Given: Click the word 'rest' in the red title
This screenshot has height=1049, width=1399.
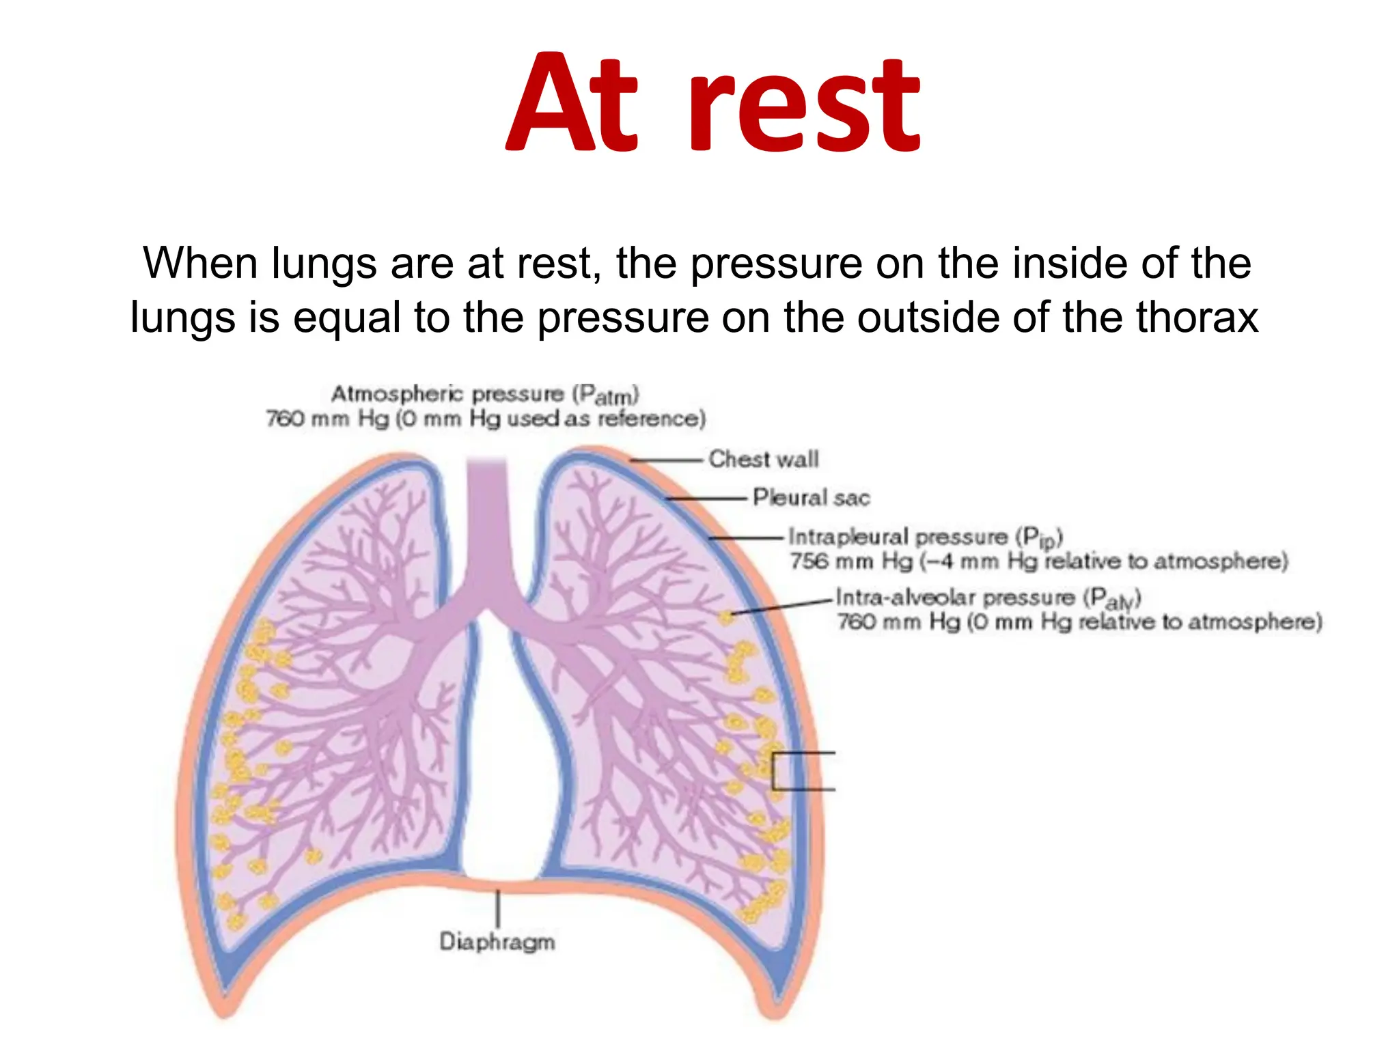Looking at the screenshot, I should click(806, 106).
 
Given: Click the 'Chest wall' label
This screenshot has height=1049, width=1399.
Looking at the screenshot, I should click(763, 459).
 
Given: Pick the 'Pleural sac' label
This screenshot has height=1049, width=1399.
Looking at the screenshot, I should click(811, 497).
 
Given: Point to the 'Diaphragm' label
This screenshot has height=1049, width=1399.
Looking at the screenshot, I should click(497, 942).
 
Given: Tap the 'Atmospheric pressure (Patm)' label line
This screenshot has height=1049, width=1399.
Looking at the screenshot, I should click(485, 394).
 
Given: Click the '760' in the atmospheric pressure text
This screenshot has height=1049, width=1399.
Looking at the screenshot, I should click(285, 419).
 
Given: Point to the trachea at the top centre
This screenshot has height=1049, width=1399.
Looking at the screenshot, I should click(487, 519).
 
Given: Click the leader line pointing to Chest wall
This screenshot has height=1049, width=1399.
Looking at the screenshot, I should click(666, 460).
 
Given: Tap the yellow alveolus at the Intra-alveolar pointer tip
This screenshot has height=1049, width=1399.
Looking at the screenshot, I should click(725, 617).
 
